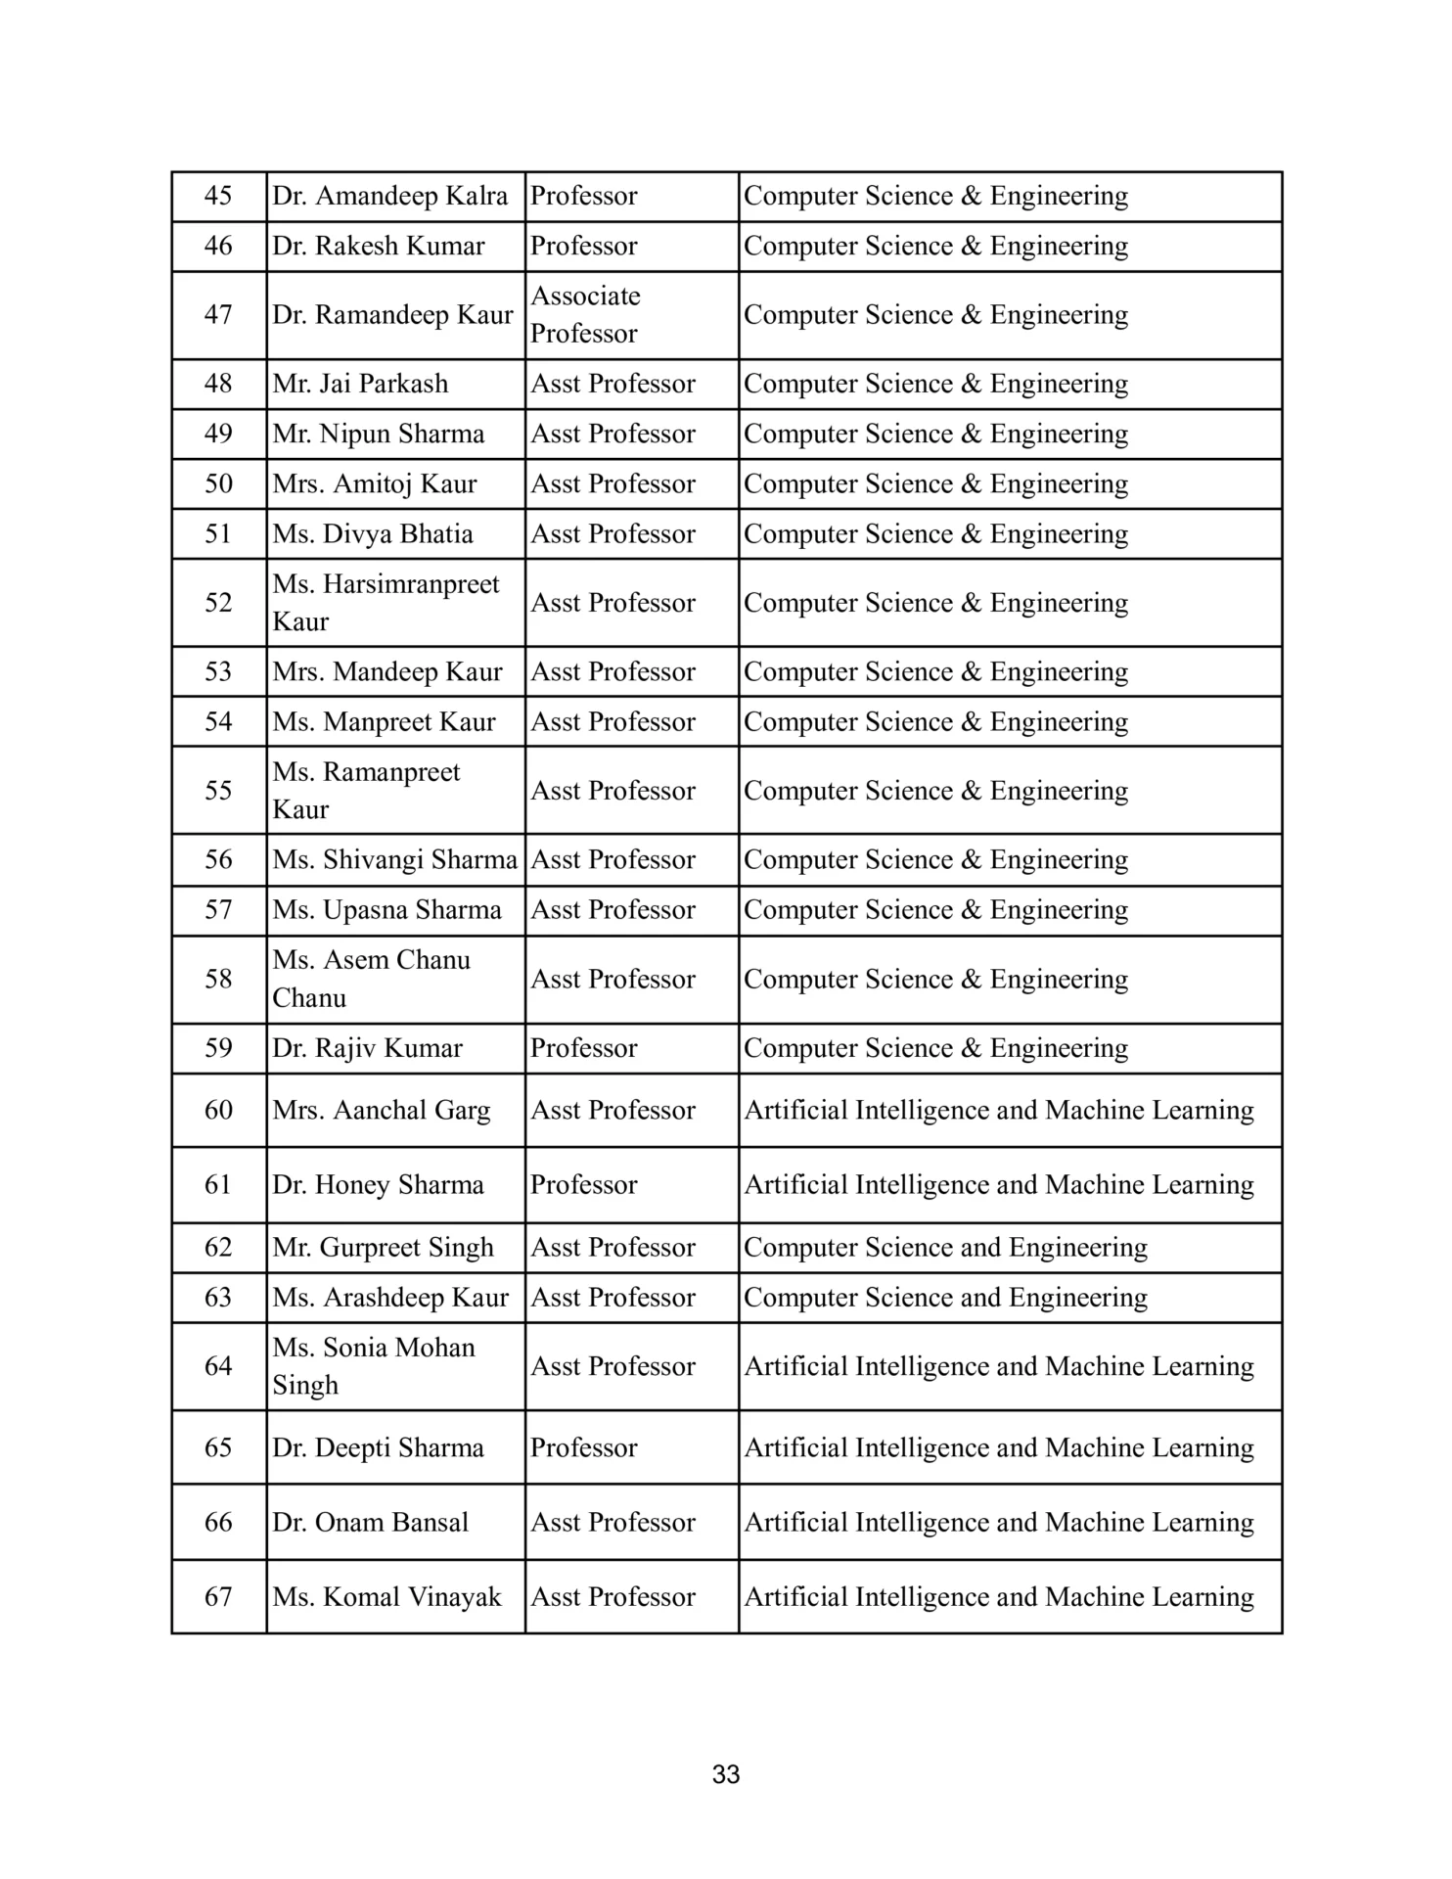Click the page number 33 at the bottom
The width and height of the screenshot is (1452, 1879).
[726, 1774]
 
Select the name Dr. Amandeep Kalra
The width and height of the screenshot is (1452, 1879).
[389, 196]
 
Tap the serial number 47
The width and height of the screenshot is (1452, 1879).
[218, 314]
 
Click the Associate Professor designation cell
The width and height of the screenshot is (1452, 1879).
[585, 314]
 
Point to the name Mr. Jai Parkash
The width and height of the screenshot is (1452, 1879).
[360, 384]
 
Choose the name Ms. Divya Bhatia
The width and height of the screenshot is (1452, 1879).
[373, 533]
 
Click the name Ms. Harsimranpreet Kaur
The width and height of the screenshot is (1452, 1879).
[386, 602]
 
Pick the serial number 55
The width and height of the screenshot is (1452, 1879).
[218, 790]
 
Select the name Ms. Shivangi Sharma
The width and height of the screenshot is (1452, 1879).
[394, 859]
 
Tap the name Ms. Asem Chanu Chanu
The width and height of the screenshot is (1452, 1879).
[371, 979]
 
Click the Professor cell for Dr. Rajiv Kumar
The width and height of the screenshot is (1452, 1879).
[584, 1048]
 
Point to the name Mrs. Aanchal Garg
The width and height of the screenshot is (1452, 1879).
[382, 1110]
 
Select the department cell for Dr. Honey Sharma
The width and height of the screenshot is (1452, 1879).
[999, 1184]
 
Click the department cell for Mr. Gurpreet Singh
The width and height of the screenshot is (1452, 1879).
[945, 1247]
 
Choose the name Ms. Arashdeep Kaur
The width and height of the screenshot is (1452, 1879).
[390, 1297]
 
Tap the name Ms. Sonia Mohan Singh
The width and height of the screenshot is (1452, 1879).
[374, 1365]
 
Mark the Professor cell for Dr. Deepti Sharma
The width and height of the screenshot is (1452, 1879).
[584, 1447]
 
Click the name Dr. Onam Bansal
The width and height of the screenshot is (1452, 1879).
[370, 1522]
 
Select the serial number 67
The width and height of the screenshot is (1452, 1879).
[218, 1596]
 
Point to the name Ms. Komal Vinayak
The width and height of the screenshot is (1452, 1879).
[386, 1596]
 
